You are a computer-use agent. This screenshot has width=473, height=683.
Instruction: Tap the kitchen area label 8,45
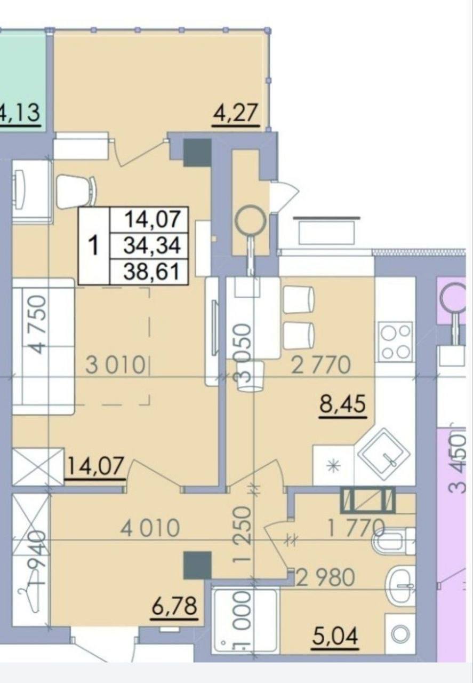tap(342, 404)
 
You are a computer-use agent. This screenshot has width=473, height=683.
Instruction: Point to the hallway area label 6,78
tap(174, 607)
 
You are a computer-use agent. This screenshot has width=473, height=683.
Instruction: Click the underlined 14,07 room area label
tap(95, 466)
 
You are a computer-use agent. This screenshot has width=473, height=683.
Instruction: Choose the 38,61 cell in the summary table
tap(151, 272)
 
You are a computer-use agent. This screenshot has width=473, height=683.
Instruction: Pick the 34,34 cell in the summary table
tap(151, 246)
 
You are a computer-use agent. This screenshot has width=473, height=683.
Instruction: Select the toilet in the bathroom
tap(393, 541)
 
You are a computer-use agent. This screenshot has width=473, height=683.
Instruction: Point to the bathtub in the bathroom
tap(246, 619)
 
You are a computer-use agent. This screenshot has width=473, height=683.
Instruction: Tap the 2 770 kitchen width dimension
tap(321, 366)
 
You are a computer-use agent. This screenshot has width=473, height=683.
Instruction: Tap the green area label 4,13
tap(20, 113)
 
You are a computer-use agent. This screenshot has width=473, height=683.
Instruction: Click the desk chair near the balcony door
tap(77, 192)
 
